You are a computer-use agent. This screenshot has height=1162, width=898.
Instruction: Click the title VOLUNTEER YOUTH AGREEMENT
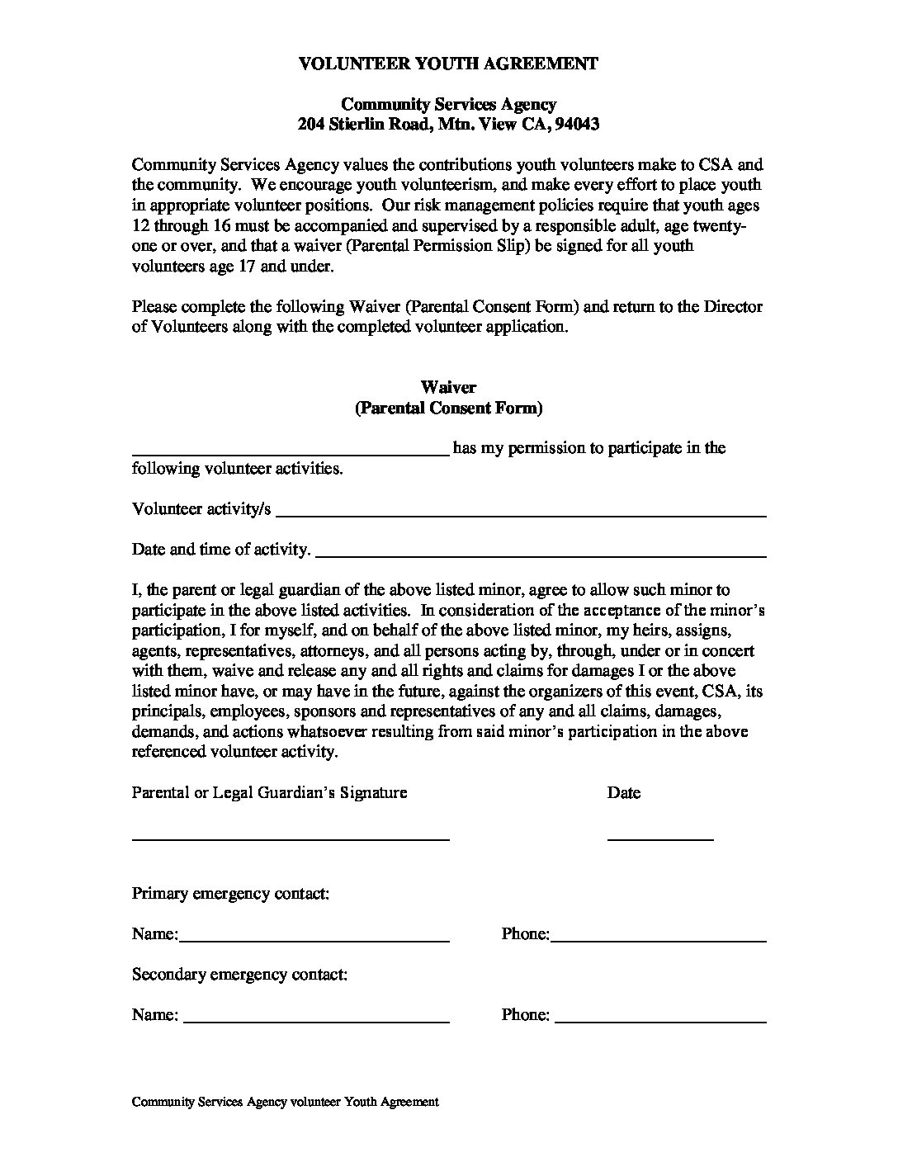tap(448, 64)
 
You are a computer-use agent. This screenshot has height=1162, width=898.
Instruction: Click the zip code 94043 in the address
tap(577, 125)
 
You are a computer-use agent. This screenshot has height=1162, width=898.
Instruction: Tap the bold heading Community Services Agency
tap(448, 104)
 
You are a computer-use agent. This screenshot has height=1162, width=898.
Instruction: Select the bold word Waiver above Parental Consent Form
tap(448, 387)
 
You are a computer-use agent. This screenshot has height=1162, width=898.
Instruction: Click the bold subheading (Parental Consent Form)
tap(448, 408)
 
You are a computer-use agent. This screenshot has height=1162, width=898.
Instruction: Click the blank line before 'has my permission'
tap(291, 452)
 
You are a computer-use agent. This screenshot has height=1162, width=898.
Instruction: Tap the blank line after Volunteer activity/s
tap(521, 514)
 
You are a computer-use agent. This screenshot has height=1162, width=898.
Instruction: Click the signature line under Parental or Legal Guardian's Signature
tap(291, 838)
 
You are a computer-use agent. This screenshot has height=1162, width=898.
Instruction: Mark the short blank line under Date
tap(660, 838)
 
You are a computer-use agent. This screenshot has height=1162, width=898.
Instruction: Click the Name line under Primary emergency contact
tap(314, 939)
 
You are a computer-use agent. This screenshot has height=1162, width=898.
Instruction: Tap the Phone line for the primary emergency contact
tap(659, 939)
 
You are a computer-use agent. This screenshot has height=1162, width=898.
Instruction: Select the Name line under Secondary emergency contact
tap(315, 1020)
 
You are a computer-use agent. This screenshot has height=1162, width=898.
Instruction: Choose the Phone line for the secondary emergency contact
tap(660, 1020)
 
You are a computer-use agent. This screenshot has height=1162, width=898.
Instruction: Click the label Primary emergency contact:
tap(230, 894)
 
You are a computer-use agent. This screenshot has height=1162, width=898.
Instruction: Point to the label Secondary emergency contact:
tap(239, 975)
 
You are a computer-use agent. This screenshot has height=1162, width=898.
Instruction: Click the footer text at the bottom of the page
tap(285, 1102)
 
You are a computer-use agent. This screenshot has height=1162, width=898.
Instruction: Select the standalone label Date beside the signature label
tap(623, 793)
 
